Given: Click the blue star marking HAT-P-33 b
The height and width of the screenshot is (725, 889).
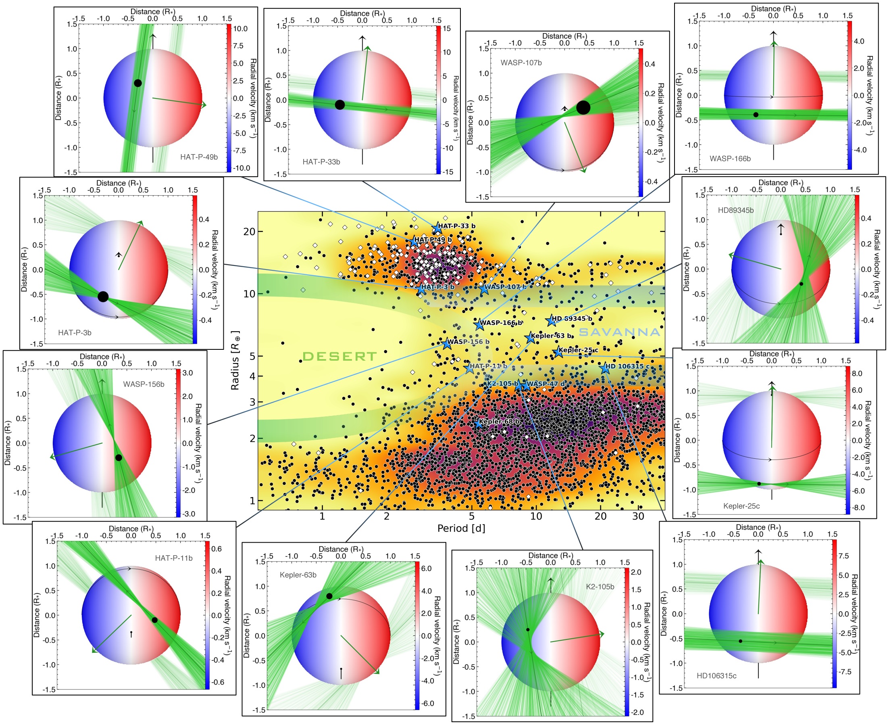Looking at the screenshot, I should [437, 228].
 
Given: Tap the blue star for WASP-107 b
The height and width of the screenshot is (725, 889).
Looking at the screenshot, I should [483, 288].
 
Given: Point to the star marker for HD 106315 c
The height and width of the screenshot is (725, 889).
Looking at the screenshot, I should [605, 368].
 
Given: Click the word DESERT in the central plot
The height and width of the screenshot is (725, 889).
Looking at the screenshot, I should [339, 356].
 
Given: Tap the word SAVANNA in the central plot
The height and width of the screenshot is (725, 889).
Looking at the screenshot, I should [619, 332].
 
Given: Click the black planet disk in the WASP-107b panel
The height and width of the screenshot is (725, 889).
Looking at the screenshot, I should [583, 107].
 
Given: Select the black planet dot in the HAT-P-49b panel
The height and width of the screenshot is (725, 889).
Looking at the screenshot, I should [138, 83].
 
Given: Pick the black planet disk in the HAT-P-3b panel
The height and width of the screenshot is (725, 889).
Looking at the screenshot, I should [103, 297].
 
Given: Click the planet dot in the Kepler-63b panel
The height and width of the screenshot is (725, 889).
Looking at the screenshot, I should [329, 596].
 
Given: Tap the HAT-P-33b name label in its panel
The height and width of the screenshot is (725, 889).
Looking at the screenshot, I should [321, 162].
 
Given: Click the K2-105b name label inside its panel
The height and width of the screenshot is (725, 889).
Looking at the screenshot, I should [600, 586].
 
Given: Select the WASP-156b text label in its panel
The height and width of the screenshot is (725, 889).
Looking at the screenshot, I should [144, 384].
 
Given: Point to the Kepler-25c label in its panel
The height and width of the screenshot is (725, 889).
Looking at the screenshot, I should [741, 506].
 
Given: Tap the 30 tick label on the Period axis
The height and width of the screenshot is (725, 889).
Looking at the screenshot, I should [638, 516].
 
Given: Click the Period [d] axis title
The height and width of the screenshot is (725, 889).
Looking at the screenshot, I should [461, 528].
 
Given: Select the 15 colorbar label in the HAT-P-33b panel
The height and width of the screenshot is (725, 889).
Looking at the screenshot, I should [447, 28].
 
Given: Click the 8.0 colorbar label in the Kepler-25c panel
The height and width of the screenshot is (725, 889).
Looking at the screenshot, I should [856, 373].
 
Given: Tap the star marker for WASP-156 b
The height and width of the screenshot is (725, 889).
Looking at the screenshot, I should [447, 344].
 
